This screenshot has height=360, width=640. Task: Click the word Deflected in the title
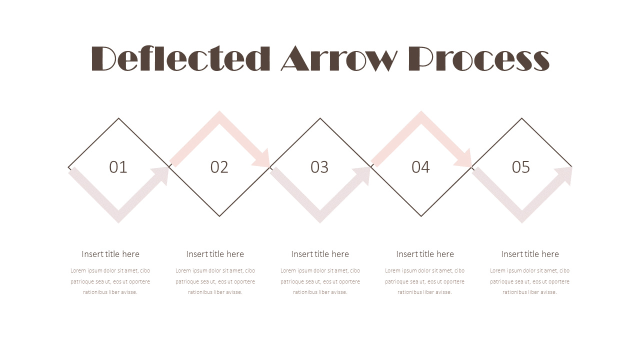pos(180,58)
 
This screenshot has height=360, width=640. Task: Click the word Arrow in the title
pos(339,58)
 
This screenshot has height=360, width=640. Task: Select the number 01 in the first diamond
pos(118,167)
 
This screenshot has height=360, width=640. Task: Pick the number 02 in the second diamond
pos(219,167)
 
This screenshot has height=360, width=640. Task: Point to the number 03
pos(319,167)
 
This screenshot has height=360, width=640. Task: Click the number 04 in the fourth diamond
pos(420,167)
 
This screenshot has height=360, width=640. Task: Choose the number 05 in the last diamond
pos(521,167)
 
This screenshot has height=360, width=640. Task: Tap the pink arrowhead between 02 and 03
pos(262,159)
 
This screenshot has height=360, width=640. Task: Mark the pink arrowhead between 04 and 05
pos(463,159)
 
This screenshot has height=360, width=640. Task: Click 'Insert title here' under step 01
pos(110,254)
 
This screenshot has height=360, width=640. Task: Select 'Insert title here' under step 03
pos(320,254)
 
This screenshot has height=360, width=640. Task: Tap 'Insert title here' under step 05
pos(530,254)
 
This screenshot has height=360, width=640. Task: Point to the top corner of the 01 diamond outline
pos(119,118)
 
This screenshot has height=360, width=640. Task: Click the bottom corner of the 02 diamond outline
pos(219,216)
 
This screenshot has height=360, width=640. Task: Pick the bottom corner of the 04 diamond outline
pos(421,216)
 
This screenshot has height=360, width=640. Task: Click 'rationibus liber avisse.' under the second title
pos(215,292)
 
